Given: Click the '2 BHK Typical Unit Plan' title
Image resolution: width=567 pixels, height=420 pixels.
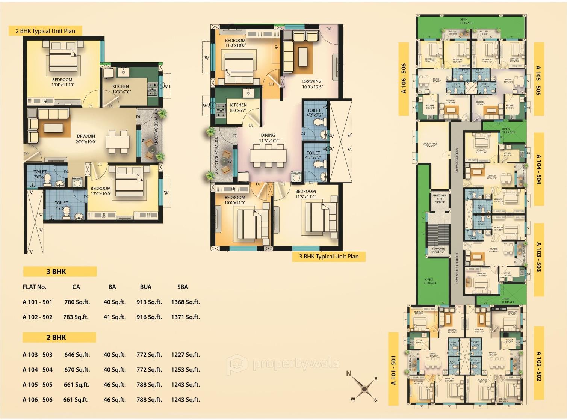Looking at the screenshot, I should tap(45, 31).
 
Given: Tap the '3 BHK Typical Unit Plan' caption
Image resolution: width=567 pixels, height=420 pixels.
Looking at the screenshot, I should tap(329, 257).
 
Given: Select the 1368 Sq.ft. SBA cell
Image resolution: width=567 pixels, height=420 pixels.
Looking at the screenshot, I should tap(185, 302).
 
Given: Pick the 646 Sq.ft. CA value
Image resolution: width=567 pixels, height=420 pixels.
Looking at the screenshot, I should tap(77, 355).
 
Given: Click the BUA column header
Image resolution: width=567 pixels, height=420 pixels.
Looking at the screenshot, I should tap(145, 287).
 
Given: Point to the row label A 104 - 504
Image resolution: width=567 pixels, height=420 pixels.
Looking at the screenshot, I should tap(38, 370).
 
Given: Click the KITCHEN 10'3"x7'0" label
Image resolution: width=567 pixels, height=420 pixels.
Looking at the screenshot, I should tap(121, 89).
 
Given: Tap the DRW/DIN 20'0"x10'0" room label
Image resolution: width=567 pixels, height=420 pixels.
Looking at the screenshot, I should tap(86, 139).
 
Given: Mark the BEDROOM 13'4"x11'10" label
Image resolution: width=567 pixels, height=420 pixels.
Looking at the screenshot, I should tap(63, 82).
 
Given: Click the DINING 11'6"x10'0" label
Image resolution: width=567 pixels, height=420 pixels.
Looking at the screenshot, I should tap(268, 138).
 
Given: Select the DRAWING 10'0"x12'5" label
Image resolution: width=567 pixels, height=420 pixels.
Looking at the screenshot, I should tap(312, 84).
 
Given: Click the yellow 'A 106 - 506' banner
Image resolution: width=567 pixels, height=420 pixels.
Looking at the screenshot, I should tap(403, 79).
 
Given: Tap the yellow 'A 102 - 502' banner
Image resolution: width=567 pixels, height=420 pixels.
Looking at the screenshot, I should tap(538, 366).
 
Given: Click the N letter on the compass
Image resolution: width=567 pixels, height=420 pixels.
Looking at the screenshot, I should tap(349, 373).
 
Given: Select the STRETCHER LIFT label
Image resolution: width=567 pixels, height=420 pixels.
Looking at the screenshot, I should tap(439, 199).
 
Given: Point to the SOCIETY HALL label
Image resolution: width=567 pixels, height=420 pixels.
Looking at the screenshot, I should tap(430, 145).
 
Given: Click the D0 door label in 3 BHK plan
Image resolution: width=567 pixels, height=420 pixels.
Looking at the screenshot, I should tap(329, 29).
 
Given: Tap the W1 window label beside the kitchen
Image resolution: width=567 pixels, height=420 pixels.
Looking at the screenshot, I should tap(167, 86).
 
